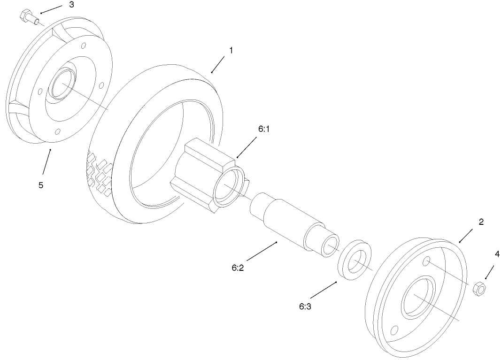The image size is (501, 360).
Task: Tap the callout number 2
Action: pos(481,222)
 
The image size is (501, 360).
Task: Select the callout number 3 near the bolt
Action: pos(71,5)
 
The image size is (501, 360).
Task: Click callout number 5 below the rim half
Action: pos(41,185)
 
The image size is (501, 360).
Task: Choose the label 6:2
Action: pos(237,268)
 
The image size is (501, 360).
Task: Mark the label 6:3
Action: pos(305,307)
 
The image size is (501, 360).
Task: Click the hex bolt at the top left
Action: pos(29,17)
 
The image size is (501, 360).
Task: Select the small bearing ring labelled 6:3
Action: pos(355,261)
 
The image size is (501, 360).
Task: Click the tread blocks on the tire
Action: pos(100,174)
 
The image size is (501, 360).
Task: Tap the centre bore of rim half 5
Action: pos(62,85)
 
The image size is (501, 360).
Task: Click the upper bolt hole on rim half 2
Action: pos(427,260)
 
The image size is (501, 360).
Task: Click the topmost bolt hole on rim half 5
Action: pos(84,46)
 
